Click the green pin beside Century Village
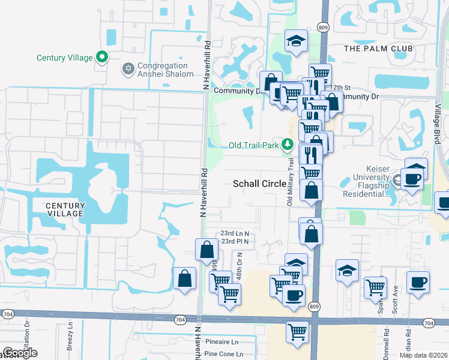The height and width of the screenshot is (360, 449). click(x=102, y=58)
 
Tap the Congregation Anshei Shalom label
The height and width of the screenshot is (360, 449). click(x=166, y=70)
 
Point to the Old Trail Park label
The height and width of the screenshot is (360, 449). click(x=254, y=145)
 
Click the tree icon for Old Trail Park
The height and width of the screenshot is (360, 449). click(x=288, y=145)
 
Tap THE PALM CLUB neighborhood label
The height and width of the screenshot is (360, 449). click(x=378, y=48)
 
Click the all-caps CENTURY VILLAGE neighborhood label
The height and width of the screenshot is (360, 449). click(x=65, y=209)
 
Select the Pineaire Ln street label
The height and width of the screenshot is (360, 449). click(x=221, y=341)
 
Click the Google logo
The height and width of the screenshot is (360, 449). click(x=20, y=353)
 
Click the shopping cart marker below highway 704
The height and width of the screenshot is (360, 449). click(x=298, y=332)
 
